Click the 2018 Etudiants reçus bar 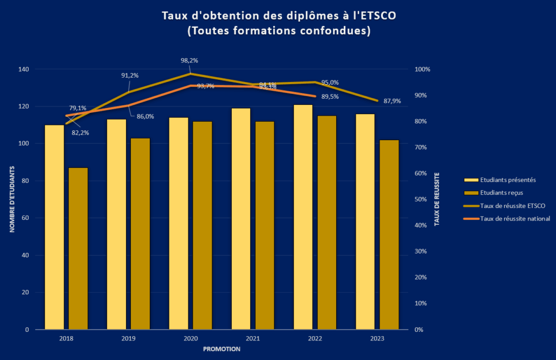78,248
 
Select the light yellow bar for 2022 303,217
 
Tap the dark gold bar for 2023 389,235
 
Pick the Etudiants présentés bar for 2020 179,223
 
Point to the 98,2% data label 189,61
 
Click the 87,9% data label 392,101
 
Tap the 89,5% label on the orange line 330,97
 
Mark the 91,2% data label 130,75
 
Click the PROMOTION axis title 222,349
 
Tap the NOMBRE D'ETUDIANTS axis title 11,199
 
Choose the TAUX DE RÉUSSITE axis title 437,199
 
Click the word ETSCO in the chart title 378,16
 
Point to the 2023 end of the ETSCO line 377,100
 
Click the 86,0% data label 145,116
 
